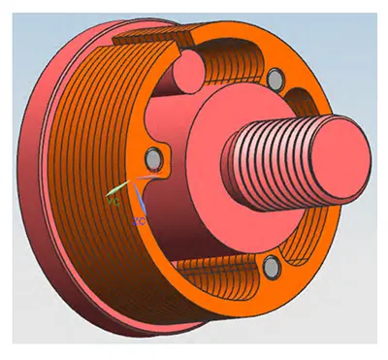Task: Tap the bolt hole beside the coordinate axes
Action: point(151,156)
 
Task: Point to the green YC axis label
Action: point(115,203)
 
